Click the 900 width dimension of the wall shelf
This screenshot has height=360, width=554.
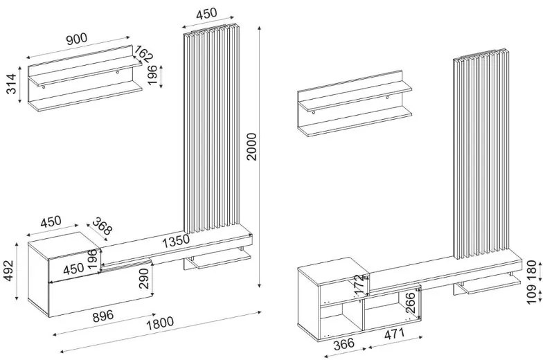77,40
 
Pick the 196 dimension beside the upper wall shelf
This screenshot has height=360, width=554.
152,77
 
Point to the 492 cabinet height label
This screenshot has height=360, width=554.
9,271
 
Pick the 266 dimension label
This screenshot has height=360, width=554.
410,303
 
